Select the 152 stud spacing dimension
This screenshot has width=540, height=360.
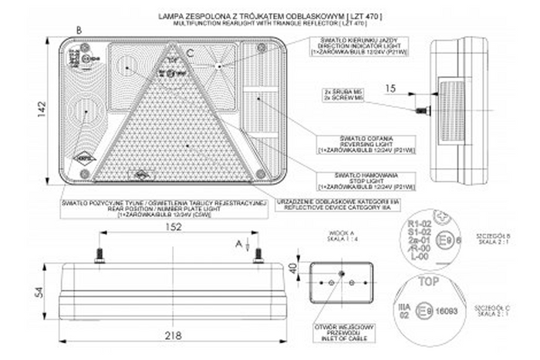(174, 227)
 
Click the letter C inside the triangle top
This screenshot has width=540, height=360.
(191, 53)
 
